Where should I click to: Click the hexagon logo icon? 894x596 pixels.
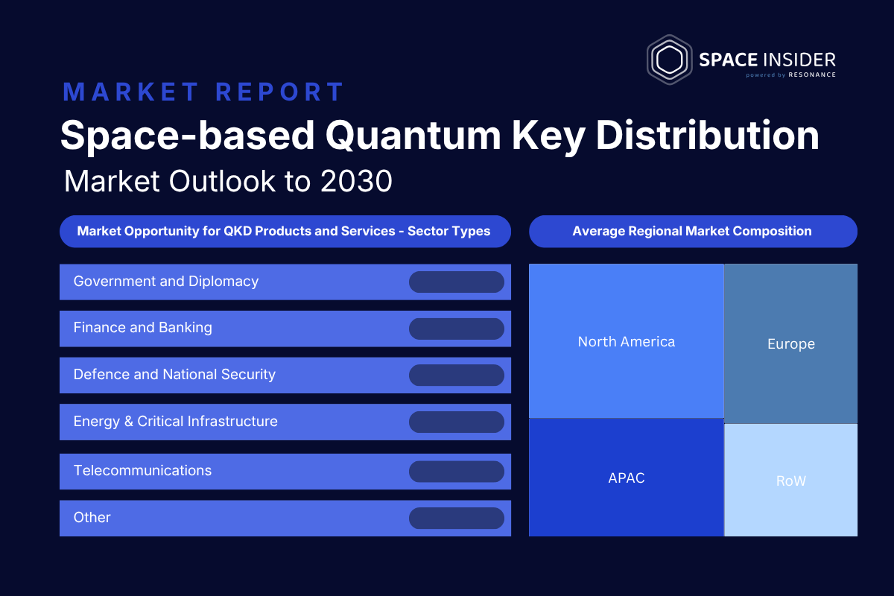(669, 60)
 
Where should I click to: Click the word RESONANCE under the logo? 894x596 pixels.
(812, 74)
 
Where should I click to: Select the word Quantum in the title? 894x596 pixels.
(413, 136)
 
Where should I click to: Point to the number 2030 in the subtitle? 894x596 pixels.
(356, 181)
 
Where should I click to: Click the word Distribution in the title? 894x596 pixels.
(707, 135)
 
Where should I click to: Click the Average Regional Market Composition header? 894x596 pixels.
(693, 231)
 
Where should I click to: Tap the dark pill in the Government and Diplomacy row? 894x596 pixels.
(457, 282)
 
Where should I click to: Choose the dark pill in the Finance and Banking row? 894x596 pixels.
(457, 329)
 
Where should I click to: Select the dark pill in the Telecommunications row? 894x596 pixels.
(457, 472)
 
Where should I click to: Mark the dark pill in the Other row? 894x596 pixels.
(457, 519)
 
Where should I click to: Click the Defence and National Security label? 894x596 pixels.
(174, 375)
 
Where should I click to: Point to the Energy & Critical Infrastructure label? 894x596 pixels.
(175, 422)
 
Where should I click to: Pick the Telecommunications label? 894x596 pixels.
(142, 471)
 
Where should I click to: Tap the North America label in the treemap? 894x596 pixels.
(627, 342)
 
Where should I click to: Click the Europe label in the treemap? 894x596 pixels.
(791, 344)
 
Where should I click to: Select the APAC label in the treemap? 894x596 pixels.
(627, 478)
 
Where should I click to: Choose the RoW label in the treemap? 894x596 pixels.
(791, 481)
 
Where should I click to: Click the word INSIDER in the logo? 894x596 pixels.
(799, 60)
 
